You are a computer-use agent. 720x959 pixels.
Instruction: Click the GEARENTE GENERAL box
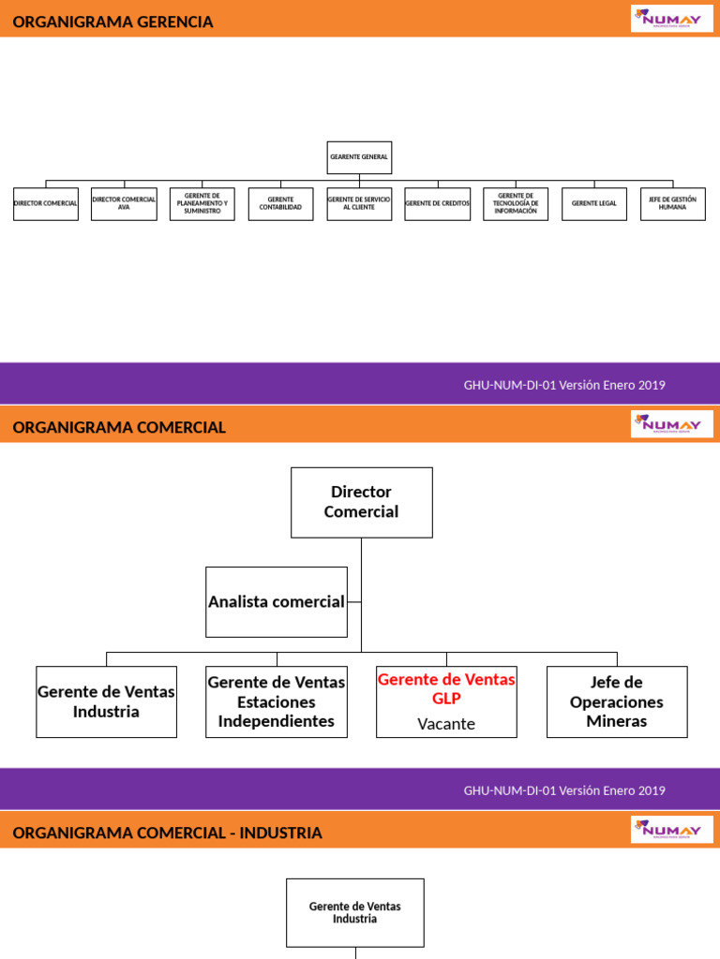click(x=359, y=157)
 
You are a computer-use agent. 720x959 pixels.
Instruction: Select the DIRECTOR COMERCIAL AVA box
click(x=124, y=203)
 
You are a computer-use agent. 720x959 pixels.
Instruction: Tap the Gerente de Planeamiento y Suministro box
click(x=202, y=203)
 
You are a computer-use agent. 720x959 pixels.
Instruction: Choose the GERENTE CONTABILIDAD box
click(x=280, y=203)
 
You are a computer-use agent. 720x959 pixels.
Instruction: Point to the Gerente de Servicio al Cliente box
click(x=359, y=203)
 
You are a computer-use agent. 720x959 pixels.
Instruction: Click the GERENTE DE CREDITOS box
click(x=438, y=203)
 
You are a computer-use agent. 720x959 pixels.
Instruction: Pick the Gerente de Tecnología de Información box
click(x=516, y=203)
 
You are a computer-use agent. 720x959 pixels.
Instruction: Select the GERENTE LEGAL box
click(x=594, y=203)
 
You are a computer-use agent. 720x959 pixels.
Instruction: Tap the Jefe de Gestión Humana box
click(x=673, y=203)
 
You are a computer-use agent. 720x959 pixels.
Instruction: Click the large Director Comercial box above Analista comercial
click(x=362, y=502)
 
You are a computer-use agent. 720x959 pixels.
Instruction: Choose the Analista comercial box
click(x=277, y=602)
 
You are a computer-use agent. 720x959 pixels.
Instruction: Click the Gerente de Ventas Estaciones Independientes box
click(x=277, y=701)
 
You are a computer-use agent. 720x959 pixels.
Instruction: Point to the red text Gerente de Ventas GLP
click(x=446, y=688)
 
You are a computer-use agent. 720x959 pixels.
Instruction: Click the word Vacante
click(x=446, y=724)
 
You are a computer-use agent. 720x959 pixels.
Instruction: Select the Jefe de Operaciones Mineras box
click(x=617, y=701)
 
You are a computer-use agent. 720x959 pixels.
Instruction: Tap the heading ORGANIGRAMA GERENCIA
click(x=113, y=22)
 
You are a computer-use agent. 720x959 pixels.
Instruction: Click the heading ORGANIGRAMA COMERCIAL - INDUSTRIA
click(x=168, y=833)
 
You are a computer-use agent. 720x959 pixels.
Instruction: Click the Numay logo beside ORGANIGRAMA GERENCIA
click(x=672, y=18)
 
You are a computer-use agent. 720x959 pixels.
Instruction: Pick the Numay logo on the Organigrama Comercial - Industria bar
click(x=672, y=829)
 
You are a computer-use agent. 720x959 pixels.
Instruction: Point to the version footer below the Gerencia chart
click(x=564, y=385)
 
